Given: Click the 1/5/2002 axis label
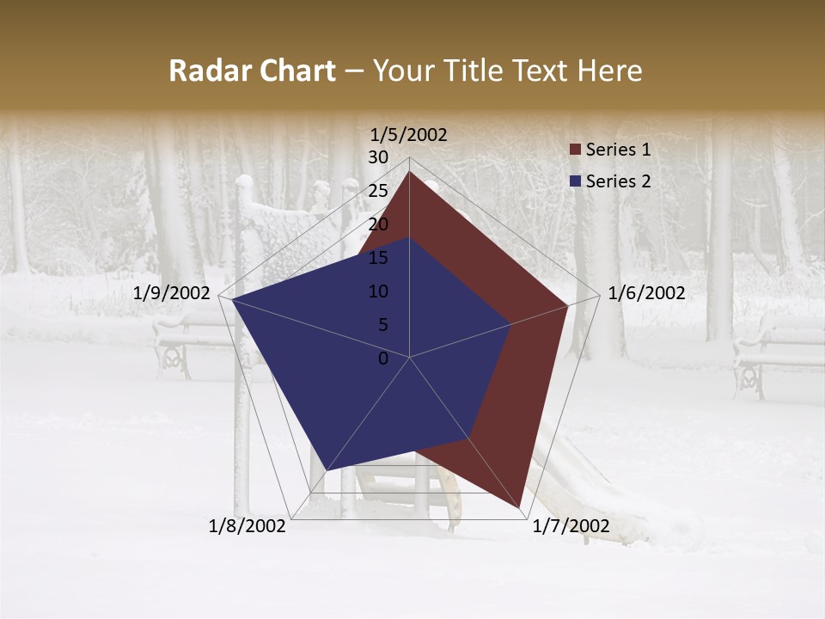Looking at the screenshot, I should point(409,135).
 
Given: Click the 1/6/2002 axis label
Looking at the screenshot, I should point(646,293).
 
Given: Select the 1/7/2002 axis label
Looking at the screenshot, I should point(571,526).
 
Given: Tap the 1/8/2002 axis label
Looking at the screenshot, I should point(247,526).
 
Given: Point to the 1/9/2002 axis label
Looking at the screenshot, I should point(172,293).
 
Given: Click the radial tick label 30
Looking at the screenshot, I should point(378,157).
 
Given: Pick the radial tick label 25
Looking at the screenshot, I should point(378,191).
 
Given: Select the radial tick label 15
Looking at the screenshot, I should point(378,258).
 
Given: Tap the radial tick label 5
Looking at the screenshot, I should point(382,325).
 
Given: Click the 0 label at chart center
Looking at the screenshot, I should point(383,359).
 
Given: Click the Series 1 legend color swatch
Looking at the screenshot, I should point(575,150).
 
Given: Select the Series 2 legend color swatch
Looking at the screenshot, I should point(575,181).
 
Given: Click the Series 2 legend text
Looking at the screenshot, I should point(618,181).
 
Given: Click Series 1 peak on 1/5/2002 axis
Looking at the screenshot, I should point(409,172).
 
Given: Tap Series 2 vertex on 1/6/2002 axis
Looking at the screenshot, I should point(511,324).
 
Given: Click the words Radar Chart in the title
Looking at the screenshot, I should point(252,71).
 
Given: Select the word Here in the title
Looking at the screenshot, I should point(609,71).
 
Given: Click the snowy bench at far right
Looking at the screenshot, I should point(778,352).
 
